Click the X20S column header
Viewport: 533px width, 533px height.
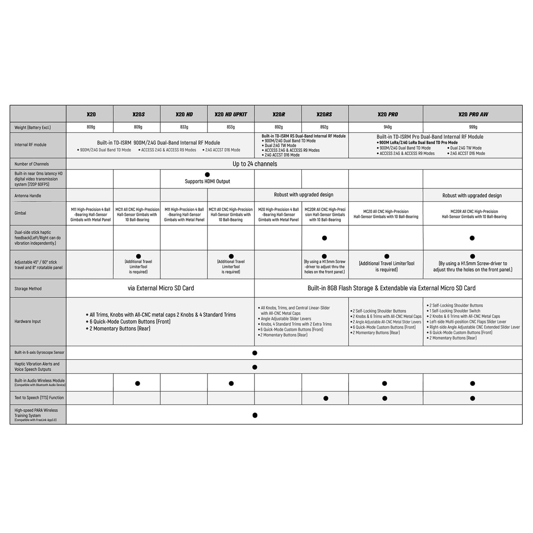click(138, 114)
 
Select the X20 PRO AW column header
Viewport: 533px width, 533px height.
click(473, 114)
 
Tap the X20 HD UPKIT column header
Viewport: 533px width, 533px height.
click(231, 114)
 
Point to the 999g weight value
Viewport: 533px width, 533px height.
click(473, 127)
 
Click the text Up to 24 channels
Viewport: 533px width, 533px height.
click(255, 164)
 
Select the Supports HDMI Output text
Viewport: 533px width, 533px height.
click(207, 181)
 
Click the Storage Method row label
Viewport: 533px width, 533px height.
click(28, 289)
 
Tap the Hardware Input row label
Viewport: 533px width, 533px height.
click(28, 322)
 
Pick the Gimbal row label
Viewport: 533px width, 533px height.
click(20, 213)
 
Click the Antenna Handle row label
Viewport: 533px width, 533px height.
click(28, 196)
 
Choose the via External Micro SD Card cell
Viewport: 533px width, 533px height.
click(161, 288)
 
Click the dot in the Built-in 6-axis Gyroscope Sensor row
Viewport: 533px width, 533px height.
click(255, 353)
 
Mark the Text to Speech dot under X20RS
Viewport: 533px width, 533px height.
click(326, 398)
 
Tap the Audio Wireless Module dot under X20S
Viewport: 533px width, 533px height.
click(138, 384)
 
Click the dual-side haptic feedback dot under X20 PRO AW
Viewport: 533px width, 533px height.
click(472, 238)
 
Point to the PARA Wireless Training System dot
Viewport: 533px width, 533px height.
click(255, 415)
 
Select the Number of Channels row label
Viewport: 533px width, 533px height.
click(32, 164)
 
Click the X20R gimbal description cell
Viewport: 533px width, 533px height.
click(278, 215)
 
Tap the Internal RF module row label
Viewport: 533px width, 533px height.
click(30, 145)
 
